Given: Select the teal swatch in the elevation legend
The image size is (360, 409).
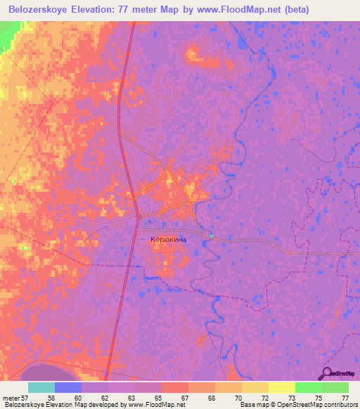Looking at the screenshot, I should [x=41, y=387].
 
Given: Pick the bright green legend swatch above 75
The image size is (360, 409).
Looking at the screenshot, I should [x=308, y=387].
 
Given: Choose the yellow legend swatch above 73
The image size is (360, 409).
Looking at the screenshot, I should [x=281, y=387].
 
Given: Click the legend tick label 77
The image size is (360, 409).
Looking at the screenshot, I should [x=344, y=397].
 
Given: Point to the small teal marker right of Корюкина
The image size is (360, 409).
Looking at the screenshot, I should [x=210, y=235].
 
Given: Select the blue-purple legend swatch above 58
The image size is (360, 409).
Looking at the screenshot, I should [x=68, y=387].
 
